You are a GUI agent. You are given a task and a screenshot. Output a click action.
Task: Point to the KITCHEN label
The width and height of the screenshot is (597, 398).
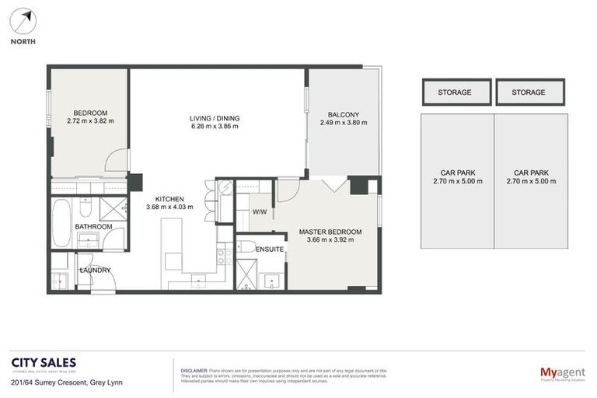[x=169, y=198]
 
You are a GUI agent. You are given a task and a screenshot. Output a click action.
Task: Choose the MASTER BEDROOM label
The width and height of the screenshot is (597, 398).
[x=330, y=232]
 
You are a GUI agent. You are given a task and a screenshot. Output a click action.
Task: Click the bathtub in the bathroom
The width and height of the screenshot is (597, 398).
[x=61, y=211]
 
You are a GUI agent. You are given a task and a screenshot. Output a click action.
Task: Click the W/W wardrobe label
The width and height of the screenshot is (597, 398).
[x=259, y=211]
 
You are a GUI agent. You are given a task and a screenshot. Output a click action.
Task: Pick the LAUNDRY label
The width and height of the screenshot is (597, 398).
[x=95, y=271]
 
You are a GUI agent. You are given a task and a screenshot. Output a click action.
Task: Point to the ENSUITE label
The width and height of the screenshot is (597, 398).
[x=269, y=249]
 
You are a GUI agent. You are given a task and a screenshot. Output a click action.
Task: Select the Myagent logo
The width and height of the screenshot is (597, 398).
[x=562, y=373]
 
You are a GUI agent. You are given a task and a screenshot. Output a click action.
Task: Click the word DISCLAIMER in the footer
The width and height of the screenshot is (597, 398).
[x=194, y=371]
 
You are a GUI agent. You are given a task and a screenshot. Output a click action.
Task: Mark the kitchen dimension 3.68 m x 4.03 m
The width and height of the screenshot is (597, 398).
[x=169, y=208]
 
